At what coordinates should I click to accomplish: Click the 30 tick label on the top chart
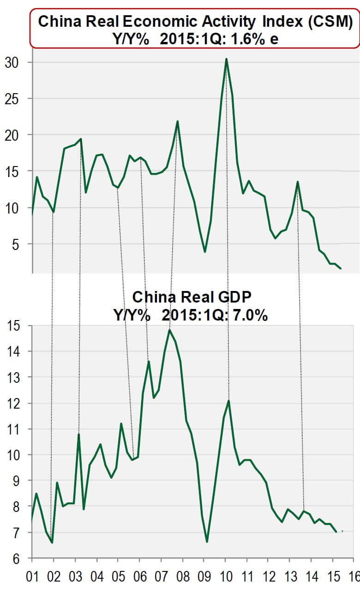click(13, 62)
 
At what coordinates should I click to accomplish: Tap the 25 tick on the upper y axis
click(13, 99)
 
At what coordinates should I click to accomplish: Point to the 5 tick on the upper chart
click(17, 244)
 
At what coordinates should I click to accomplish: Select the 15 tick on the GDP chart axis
click(14, 326)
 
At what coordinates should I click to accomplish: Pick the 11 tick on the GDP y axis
click(14, 429)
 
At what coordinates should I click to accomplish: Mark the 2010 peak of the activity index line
click(226, 59)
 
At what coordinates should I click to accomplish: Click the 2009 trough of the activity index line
click(205, 252)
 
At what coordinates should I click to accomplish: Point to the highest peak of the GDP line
click(169, 330)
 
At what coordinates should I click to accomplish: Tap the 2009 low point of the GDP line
click(207, 541)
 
